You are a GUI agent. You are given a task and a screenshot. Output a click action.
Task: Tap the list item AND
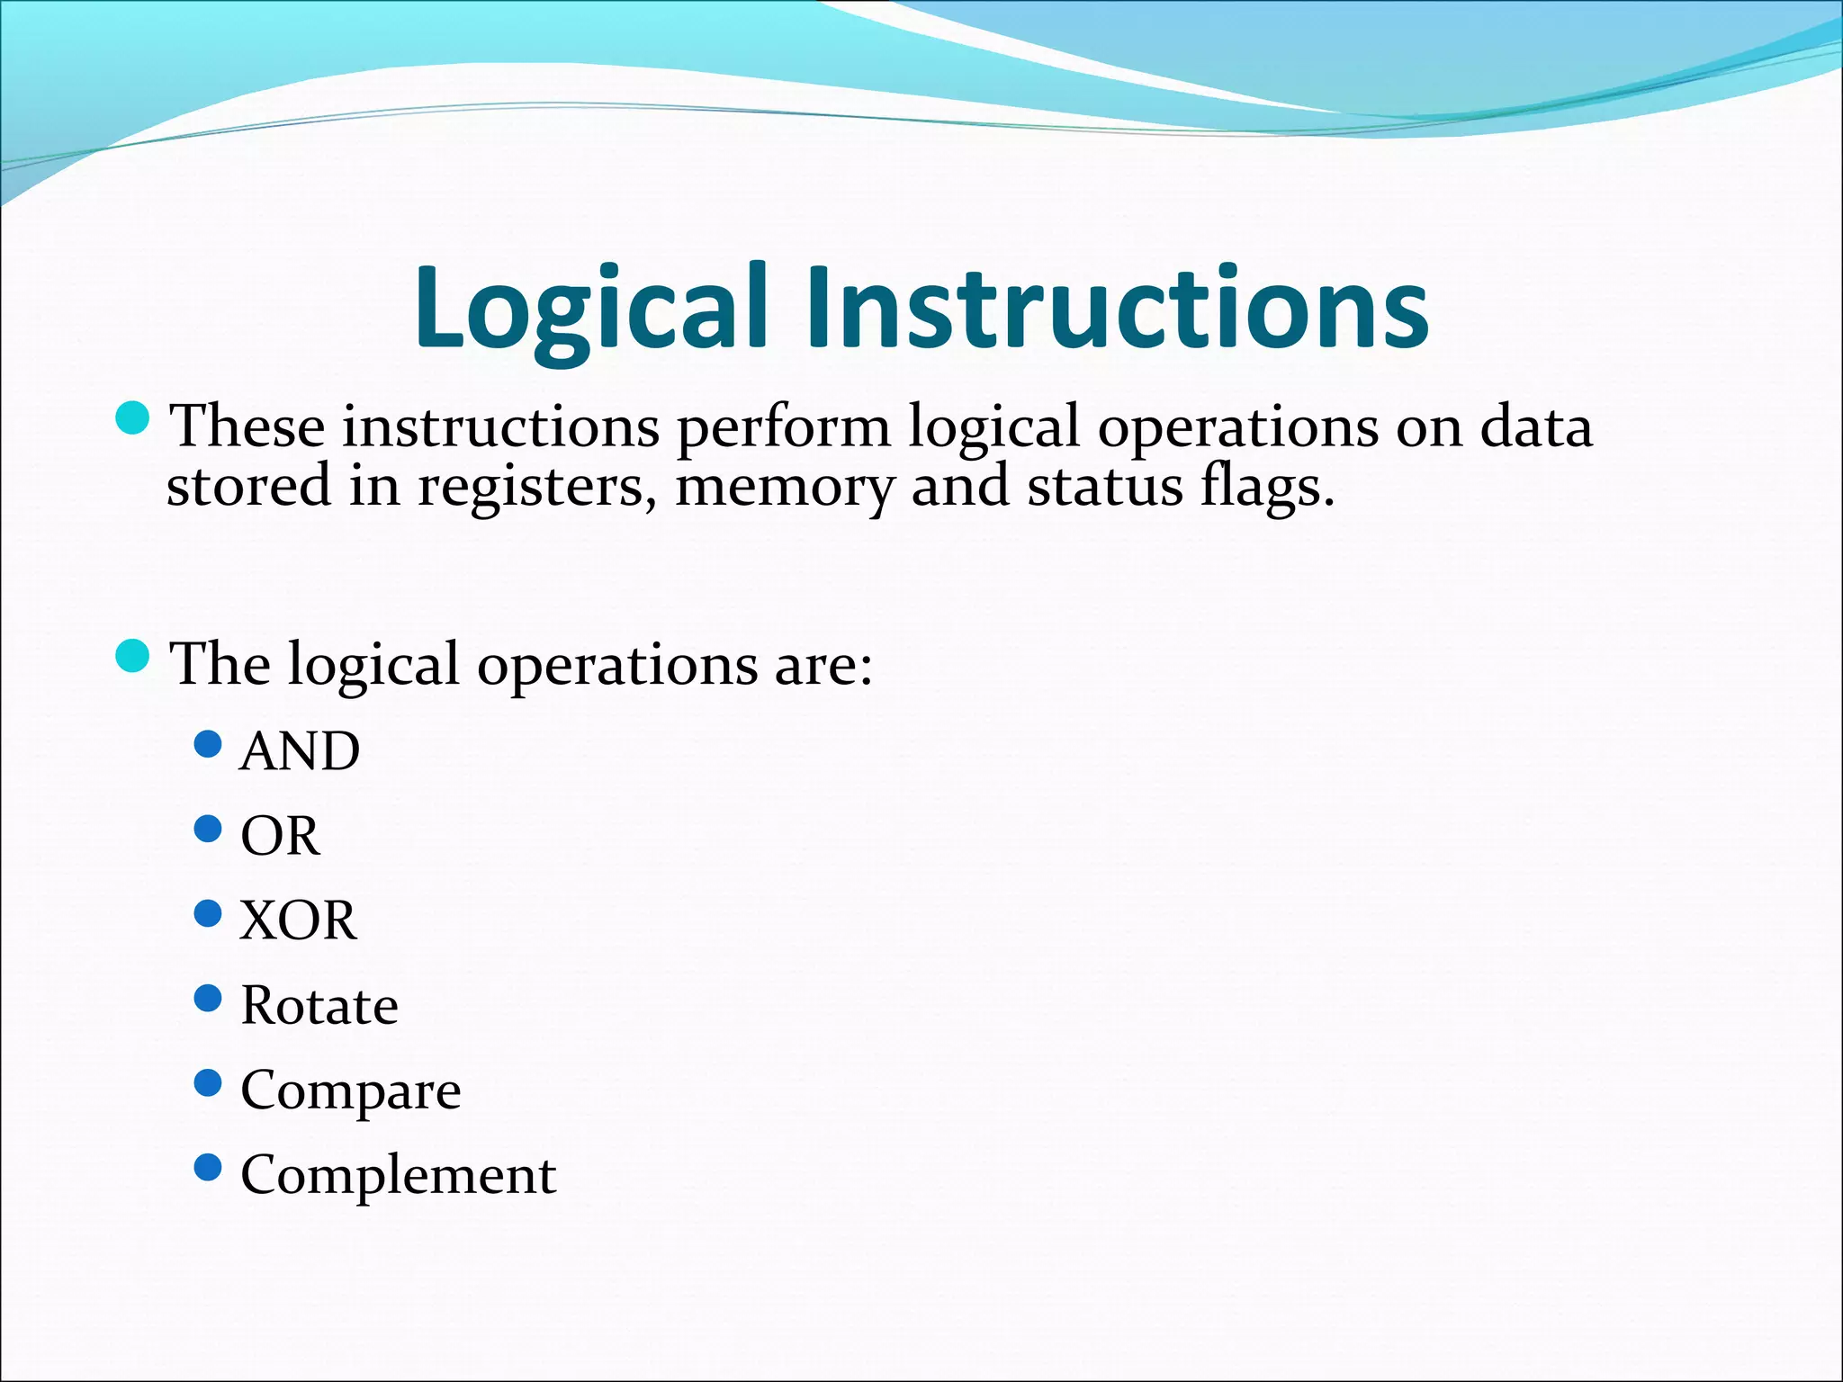(x=300, y=750)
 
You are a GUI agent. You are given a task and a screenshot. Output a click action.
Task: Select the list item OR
(x=280, y=836)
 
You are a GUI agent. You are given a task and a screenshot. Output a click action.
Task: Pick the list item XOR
(x=298, y=920)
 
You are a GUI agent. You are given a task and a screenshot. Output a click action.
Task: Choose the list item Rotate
(x=319, y=1005)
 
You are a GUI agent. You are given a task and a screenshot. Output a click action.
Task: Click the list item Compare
(x=350, y=1090)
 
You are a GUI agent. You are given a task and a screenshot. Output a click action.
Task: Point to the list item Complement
(x=398, y=1175)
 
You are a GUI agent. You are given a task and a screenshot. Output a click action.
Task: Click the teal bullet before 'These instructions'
(x=133, y=417)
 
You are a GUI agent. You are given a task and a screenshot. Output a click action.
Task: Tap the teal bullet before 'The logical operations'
(x=133, y=656)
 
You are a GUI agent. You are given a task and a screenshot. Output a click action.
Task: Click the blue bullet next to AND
(x=208, y=744)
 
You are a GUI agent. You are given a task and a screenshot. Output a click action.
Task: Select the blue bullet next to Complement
(x=208, y=1168)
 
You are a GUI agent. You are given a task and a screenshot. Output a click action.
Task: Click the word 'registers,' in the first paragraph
(x=536, y=487)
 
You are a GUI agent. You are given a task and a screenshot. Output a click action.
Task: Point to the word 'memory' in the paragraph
(x=784, y=487)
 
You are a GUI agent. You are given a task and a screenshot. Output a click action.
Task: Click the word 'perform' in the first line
(x=783, y=426)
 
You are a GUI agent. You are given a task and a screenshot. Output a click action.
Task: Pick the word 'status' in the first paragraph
(x=1105, y=487)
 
